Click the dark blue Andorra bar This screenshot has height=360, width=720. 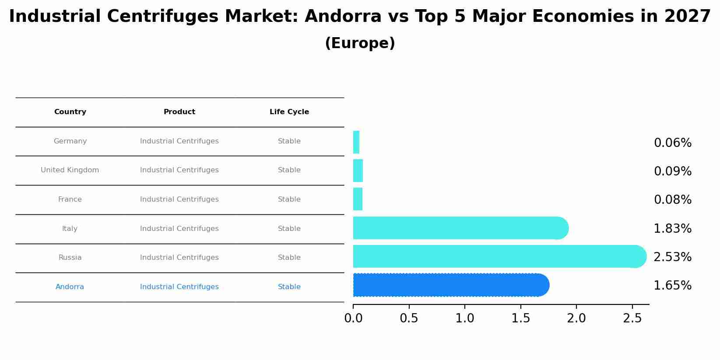[x=451, y=285]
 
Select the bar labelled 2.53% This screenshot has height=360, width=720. [x=499, y=256]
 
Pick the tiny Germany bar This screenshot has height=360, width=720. [x=356, y=142]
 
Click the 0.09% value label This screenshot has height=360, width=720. [x=672, y=171]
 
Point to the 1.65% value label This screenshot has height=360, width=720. [x=672, y=286]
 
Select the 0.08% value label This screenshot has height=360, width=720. [x=672, y=200]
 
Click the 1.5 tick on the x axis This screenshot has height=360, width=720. [x=520, y=318]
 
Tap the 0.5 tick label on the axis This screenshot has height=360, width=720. [x=409, y=318]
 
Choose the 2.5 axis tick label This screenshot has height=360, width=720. [x=632, y=318]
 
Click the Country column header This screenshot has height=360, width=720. [x=70, y=112]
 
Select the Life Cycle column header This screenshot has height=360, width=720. [x=289, y=112]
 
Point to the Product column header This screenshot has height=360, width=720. [x=179, y=112]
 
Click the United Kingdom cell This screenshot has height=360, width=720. [x=70, y=170]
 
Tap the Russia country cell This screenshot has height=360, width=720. [x=70, y=258]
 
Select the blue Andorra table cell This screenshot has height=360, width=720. [x=70, y=287]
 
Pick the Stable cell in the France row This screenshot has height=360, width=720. [x=289, y=199]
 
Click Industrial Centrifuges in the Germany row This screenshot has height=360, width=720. [x=179, y=141]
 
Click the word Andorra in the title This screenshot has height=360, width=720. [x=343, y=17]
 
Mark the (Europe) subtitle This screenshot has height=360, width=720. [x=360, y=43]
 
